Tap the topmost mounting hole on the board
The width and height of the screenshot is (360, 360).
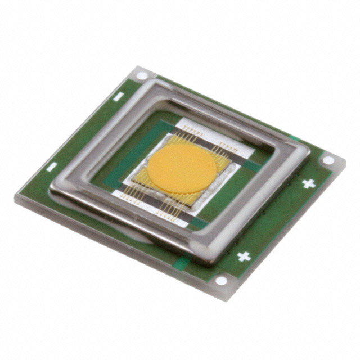tap(142, 75)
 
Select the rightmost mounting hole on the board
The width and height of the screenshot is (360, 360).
tap(328, 160)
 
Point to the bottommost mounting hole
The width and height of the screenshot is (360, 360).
tap(222, 280)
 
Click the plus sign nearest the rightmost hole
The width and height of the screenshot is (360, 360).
tap(308, 183)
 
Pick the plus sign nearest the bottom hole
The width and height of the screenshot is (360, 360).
tap(244, 256)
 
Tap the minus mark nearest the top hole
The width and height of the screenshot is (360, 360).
tap(118, 97)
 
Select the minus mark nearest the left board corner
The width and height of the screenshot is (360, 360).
tap(52, 166)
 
